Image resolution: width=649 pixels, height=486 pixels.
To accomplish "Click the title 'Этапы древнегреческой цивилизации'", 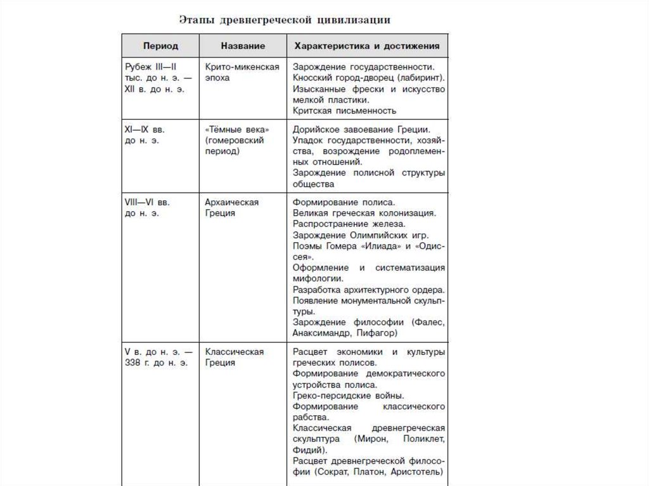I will coord(284,20).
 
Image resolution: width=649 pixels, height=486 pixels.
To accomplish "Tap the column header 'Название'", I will coord(243,47).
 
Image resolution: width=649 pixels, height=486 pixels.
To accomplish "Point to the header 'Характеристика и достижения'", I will coord(368,47).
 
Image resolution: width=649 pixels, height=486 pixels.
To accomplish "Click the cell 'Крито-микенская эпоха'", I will coord(242,72).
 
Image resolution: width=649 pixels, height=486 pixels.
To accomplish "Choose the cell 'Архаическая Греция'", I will coord(232,208).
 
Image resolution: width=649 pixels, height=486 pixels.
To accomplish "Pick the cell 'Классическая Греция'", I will coord(235,357).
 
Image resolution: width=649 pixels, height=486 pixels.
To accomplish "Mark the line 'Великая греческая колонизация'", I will coord(364,214).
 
